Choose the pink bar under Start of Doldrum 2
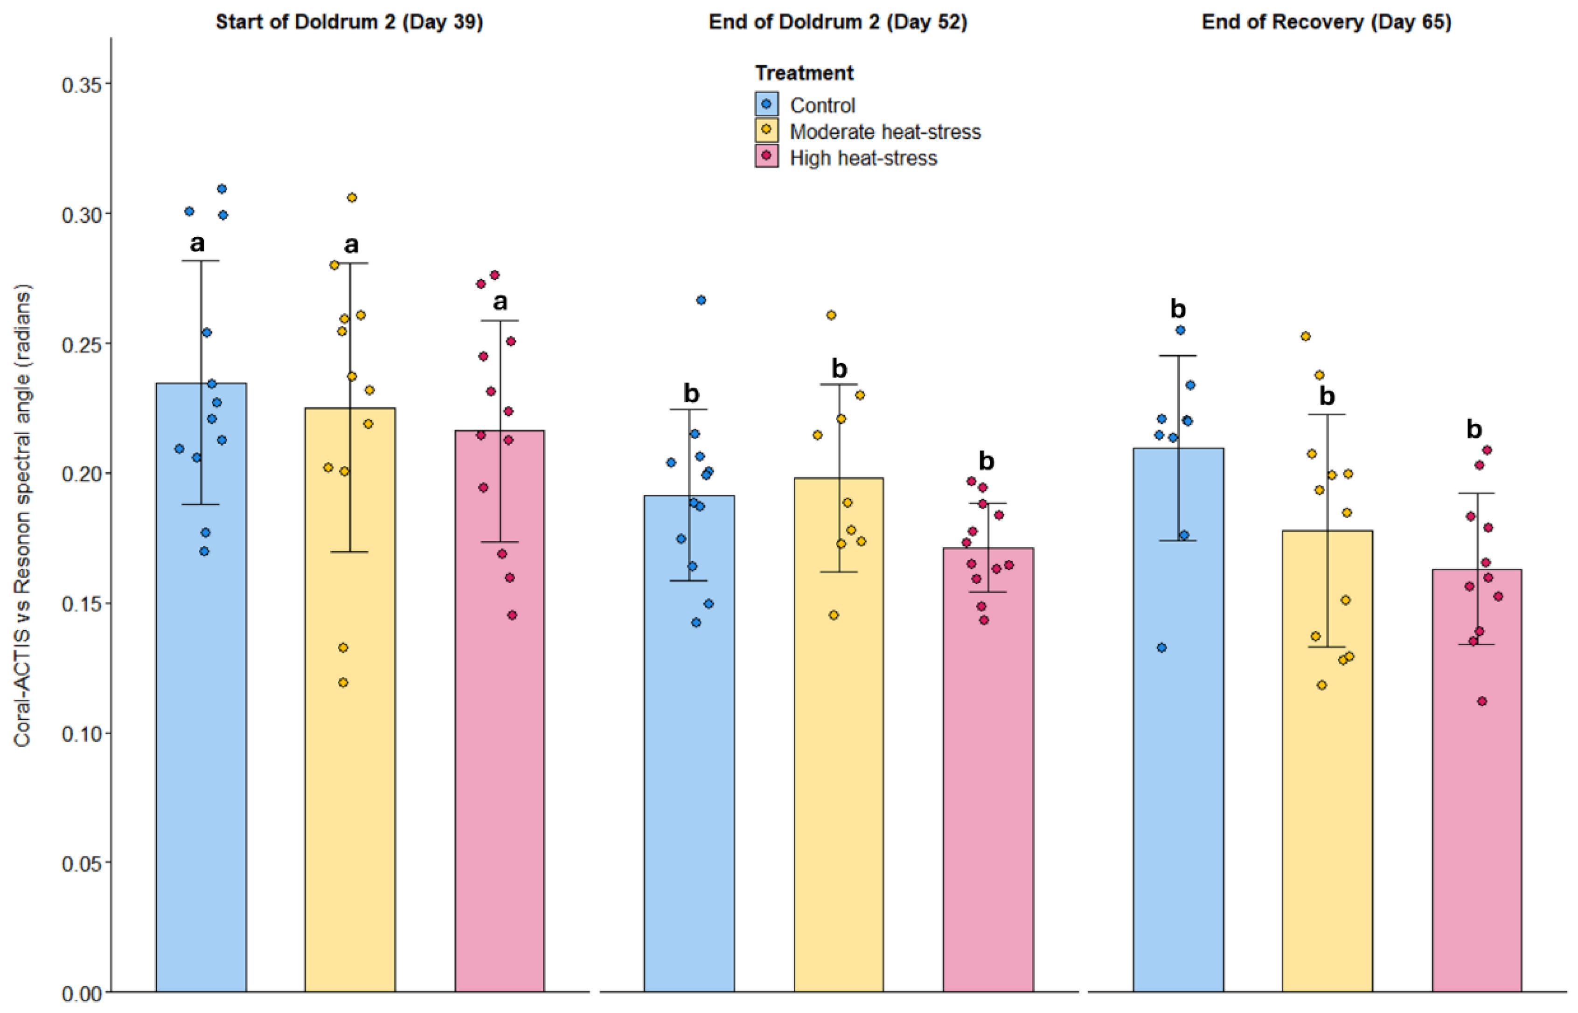point(500,711)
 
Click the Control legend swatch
point(767,104)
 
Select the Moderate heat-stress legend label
point(885,131)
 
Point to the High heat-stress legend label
point(863,158)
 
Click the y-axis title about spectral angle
point(22,516)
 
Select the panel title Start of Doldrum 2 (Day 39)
point(349,22)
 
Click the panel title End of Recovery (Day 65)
point(1327,22)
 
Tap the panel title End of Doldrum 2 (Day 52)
point(838,22)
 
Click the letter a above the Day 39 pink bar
point(500,302)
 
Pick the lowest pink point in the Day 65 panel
point(1482,701)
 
